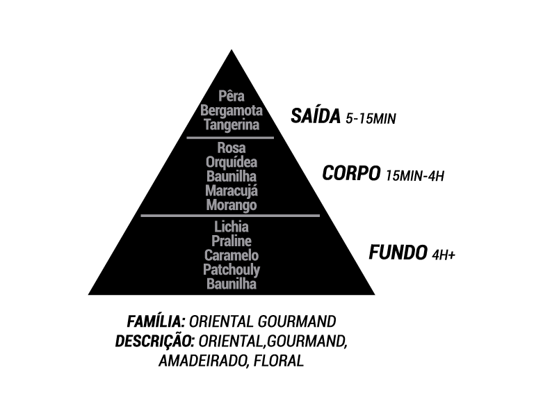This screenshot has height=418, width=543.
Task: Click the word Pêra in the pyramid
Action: coord(232,96)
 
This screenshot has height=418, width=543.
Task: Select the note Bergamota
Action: coord(231,111)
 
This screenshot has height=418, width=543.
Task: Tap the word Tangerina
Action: coord(232,125)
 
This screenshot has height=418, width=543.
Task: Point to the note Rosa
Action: coord(232,147)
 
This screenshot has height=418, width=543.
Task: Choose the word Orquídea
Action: coord(232,162)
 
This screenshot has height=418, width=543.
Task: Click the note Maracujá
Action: coord(232,191)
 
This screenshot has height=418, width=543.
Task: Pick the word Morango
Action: coord(232,205)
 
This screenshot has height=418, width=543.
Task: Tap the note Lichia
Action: coord(232,227)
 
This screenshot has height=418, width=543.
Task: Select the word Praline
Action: coord(232,241)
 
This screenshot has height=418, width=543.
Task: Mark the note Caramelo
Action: coord(232,255)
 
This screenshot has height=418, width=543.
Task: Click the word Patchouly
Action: coord(232,270)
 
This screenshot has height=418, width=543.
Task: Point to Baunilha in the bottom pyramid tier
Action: coord(232,284)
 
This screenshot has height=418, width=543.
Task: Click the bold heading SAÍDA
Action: coord(315,116)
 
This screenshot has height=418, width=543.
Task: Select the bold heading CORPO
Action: coord(351,173)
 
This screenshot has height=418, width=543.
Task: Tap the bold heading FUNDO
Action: coord(397,252)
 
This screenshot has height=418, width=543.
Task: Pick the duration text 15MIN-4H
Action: coord(414,175)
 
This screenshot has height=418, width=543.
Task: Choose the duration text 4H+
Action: coord(444,255)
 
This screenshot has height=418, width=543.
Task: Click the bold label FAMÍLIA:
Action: coord(156,322)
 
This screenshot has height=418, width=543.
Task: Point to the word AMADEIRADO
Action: coord(201,362)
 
